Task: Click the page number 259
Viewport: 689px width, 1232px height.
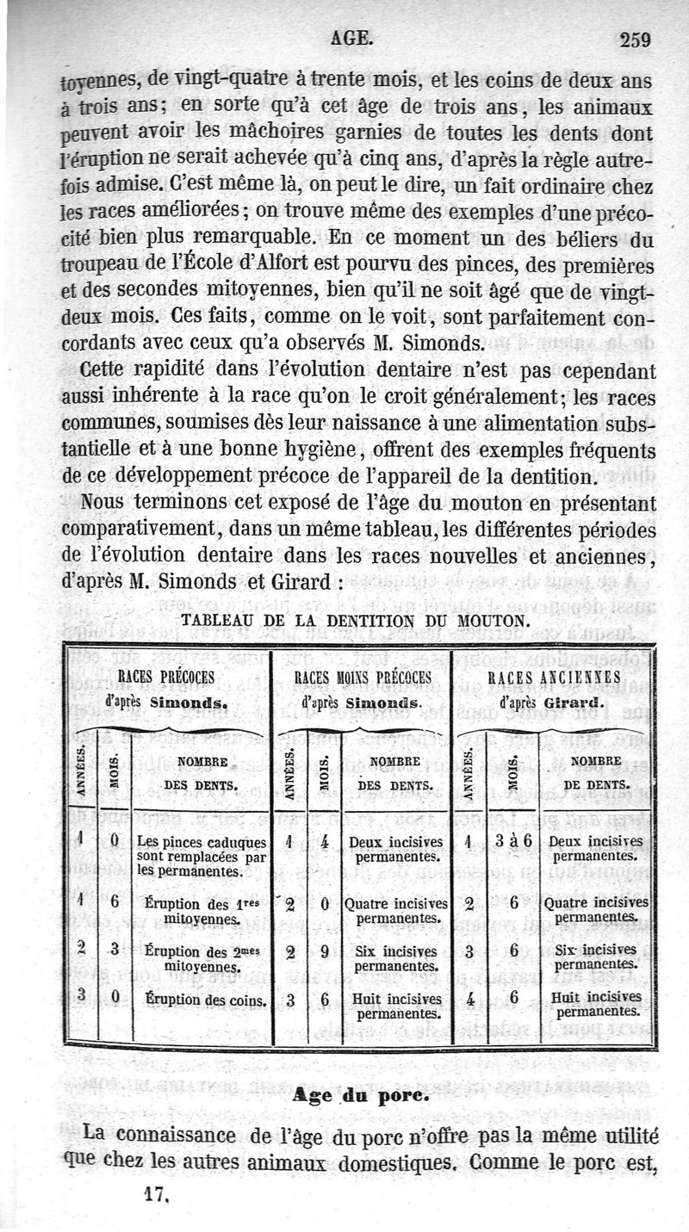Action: click(x=634, y=38)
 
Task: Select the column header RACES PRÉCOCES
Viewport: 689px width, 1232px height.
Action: click(x=166, y=677)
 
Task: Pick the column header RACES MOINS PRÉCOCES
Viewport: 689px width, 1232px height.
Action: click(x=363, y=678)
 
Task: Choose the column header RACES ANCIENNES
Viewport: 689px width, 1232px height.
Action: click(x=554, y=678)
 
